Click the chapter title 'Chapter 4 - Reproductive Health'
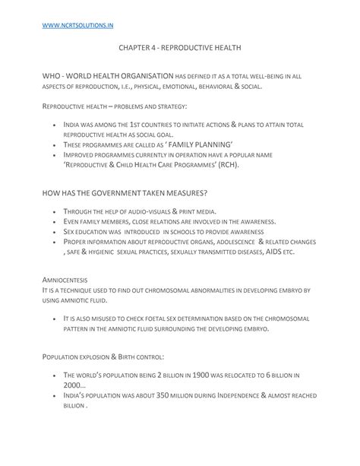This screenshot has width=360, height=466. coord(179,47)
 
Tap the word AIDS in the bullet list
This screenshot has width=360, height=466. coord(267,250)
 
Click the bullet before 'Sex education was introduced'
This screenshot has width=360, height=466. coord(56,230)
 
